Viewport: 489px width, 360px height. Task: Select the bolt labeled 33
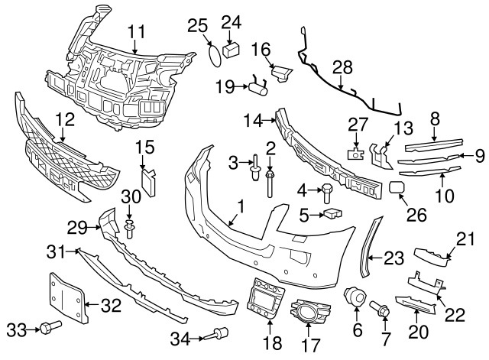[51, 328]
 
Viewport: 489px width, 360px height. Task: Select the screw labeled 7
[381, 310]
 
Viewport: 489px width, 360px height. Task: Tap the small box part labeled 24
[231, 48]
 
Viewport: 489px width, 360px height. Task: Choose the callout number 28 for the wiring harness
[342, 68]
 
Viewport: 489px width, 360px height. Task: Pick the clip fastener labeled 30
[130, 225]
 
